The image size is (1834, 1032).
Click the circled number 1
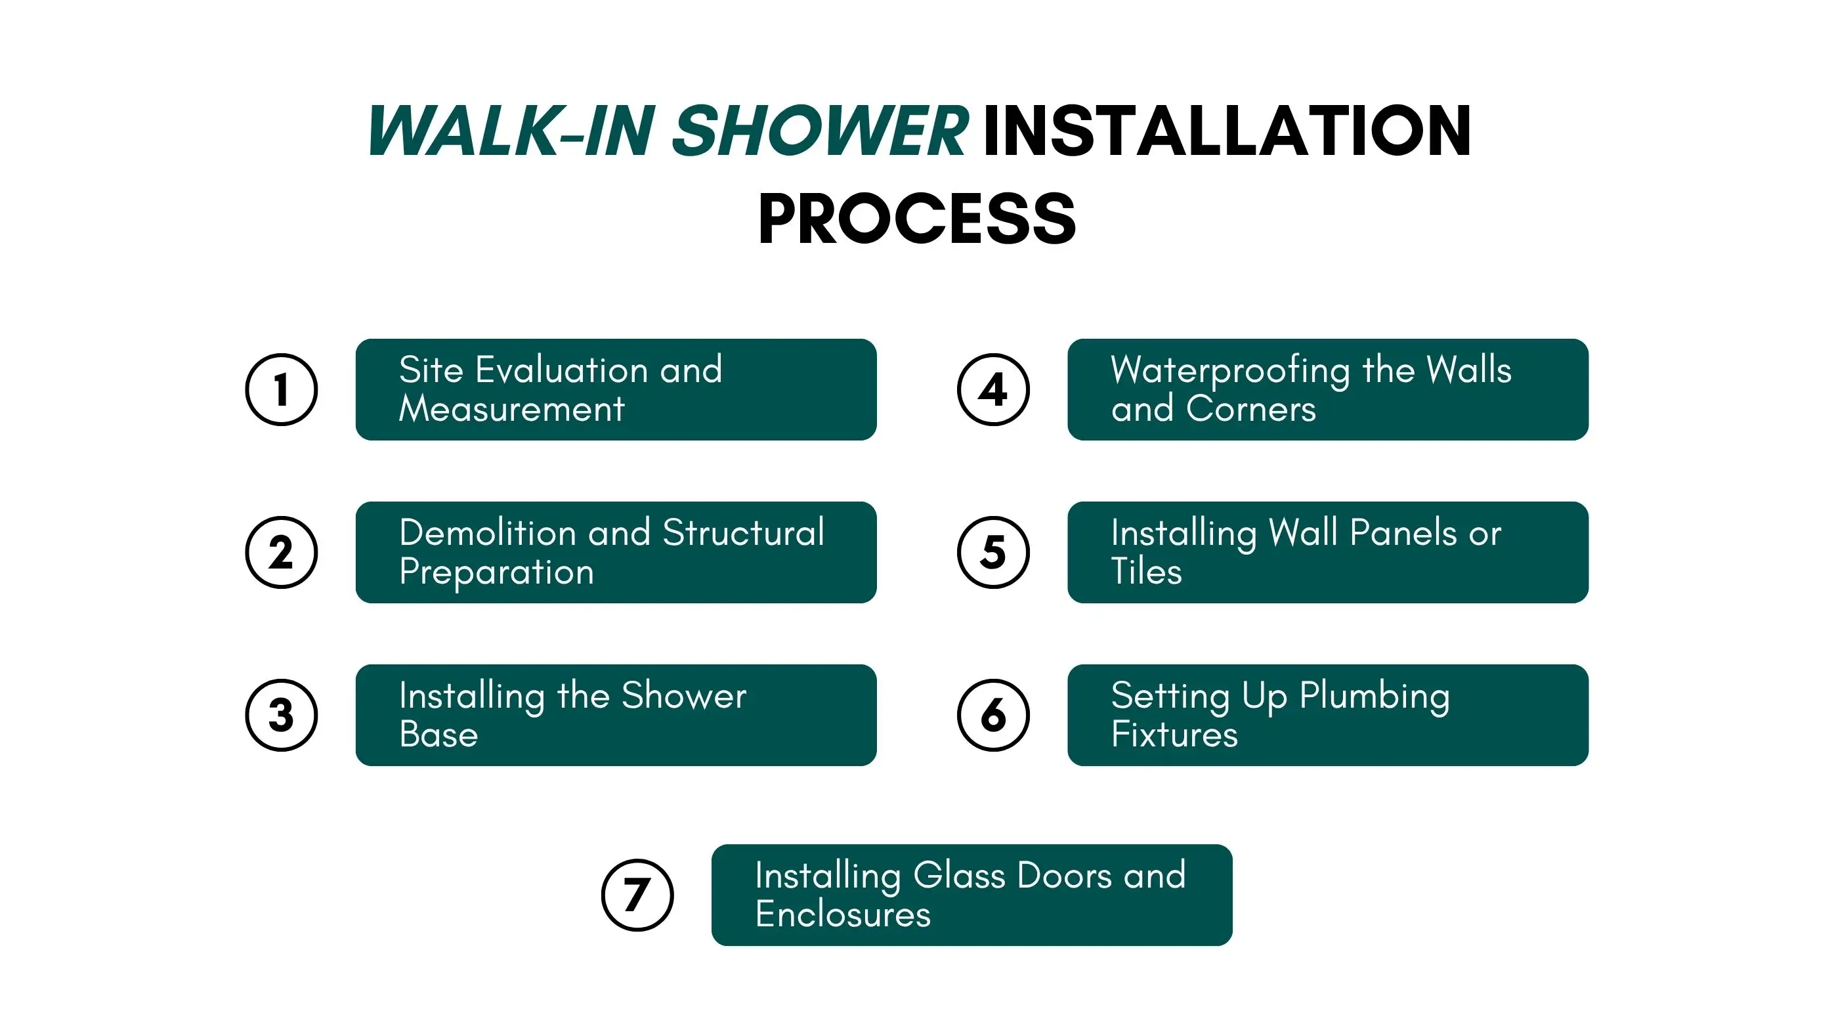281,389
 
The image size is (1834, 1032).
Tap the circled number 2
281,552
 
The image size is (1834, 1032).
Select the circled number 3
281,715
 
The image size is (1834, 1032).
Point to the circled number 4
993,389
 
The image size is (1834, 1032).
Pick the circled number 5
993,552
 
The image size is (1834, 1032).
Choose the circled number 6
993,715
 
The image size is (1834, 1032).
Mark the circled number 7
637,895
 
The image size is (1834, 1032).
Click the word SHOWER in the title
819,131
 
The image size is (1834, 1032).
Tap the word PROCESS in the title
917,219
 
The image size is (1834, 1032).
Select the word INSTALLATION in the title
1227,131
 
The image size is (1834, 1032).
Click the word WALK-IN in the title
511,131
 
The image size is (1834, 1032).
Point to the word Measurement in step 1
512,409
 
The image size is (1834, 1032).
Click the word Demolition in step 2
488,532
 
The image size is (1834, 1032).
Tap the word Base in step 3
438,735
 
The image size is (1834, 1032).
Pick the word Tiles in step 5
1146,571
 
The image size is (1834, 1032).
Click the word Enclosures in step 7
843,914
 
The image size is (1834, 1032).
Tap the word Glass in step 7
959,875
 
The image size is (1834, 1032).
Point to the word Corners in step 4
1251,409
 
